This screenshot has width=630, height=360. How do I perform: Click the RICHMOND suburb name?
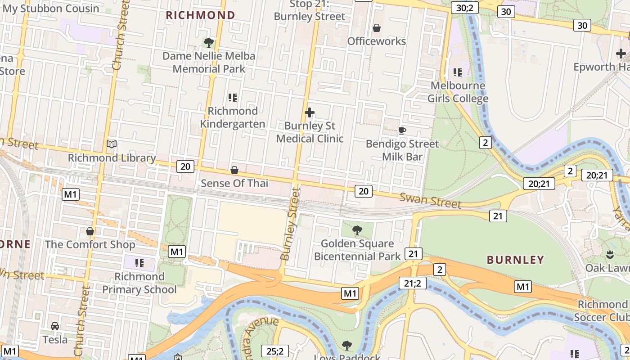[201, 15]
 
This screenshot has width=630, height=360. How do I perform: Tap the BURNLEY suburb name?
[516, 260]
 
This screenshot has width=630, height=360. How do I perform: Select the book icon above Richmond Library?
[112, 144]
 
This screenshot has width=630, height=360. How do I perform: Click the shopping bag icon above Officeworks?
[377, 28]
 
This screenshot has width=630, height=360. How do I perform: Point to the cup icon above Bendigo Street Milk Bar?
[402, 130]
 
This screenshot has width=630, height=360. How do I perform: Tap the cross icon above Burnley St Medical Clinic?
[310, 112]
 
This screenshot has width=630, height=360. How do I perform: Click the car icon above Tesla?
[55, 326]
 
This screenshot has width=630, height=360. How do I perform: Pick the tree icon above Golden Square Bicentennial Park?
[357, 230]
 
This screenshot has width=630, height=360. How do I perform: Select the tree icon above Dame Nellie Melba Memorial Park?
[208, 43]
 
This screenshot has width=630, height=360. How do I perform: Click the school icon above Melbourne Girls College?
[458, 72]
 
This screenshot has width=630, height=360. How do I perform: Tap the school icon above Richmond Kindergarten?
[233, 97]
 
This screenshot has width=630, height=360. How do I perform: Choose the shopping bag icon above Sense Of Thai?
[234, 170]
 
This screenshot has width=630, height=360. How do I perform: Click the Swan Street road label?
[430, 201]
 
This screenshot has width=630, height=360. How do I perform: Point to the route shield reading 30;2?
[465, 8]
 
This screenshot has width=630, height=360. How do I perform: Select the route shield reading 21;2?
[412, 283]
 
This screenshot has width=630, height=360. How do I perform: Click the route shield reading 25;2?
[274, 351]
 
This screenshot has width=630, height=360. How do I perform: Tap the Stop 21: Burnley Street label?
[310, 10]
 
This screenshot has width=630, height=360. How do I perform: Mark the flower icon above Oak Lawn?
[610, 255]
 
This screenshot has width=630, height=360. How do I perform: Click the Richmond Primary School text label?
[139, 283]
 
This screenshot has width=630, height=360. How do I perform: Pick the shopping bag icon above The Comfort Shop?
[90, 231]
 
